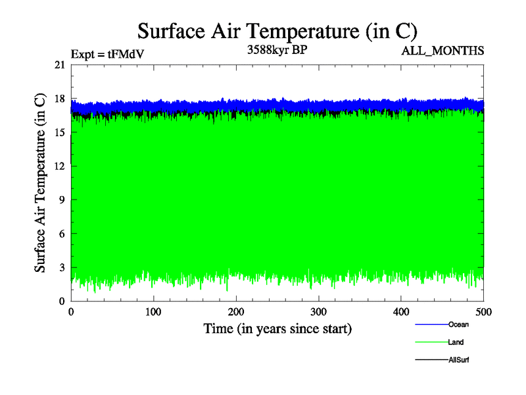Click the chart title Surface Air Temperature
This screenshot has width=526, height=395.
click(277, 30)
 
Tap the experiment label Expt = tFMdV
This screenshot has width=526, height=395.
click(107, 54)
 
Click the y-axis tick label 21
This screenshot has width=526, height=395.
click(60, 65)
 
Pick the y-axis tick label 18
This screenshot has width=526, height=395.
click(60, 99)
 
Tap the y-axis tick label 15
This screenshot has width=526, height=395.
click(60, 132)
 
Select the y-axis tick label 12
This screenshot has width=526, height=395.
click(60, 166)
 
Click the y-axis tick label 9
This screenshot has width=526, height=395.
click(62, 200)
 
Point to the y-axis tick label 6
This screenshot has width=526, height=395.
click(62, 234)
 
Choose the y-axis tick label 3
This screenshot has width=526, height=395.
click(62, 267)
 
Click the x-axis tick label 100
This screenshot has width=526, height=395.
click(154, 312)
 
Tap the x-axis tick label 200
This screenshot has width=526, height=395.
click(237, 312)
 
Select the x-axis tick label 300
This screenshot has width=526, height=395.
click(319, 312)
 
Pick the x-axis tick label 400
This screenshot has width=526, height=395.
click(402, 312)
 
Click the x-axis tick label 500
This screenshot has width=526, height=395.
click(484, 312)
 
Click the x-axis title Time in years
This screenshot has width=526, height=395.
click(277, 328)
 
